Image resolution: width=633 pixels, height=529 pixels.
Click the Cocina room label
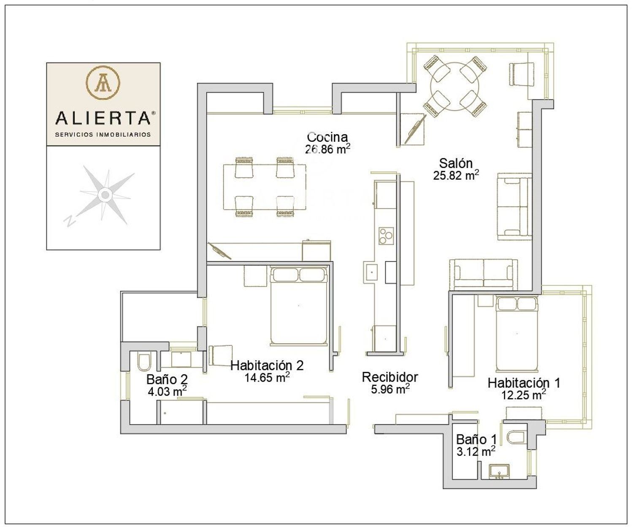point(327,137)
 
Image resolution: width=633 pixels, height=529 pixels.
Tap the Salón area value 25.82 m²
point(456,175)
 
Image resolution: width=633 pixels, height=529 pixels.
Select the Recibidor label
point(390,377)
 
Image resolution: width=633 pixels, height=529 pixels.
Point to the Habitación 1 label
point(524,383)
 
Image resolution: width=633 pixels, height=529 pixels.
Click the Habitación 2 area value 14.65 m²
point(267,377)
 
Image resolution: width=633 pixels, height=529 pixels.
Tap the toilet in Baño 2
point(144,361)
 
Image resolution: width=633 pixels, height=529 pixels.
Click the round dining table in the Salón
point(455,87)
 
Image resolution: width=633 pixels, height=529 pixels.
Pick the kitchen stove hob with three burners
point(386,236)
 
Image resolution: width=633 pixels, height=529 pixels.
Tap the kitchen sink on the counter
point(371,272)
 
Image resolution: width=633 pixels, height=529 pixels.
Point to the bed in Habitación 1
point(517,334)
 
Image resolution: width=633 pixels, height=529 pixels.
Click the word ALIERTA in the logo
point(103,118)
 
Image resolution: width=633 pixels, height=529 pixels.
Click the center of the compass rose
point(105,195)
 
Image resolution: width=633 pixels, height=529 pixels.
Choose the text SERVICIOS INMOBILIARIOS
point(103,134)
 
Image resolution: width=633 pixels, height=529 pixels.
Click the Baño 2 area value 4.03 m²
point(167,391)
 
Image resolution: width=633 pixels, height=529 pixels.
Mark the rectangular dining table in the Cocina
point(264,187)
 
